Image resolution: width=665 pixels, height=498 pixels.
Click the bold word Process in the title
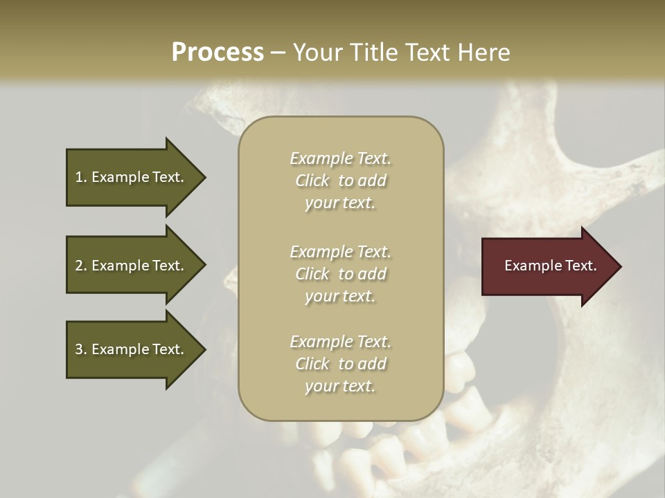tap(218, 53)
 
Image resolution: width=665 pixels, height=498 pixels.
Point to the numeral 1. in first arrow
tap(81, 177)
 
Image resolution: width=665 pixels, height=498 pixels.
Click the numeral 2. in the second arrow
tap(81, 266)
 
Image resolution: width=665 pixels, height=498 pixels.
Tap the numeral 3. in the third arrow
tap(81, 350)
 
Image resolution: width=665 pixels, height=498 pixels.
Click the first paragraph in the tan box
tap(340, 181)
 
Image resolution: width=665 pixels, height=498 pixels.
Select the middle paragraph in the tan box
tap(340, 274)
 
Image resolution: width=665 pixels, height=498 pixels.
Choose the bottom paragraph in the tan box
tap(340, 364)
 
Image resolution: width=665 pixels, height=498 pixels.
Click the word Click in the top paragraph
tap(312, 181)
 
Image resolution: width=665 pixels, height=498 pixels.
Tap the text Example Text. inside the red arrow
tap(550, 266)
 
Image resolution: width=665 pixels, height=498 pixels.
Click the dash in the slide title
tap(278, 53)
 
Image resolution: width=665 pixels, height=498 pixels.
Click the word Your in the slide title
tap(319, 53)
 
